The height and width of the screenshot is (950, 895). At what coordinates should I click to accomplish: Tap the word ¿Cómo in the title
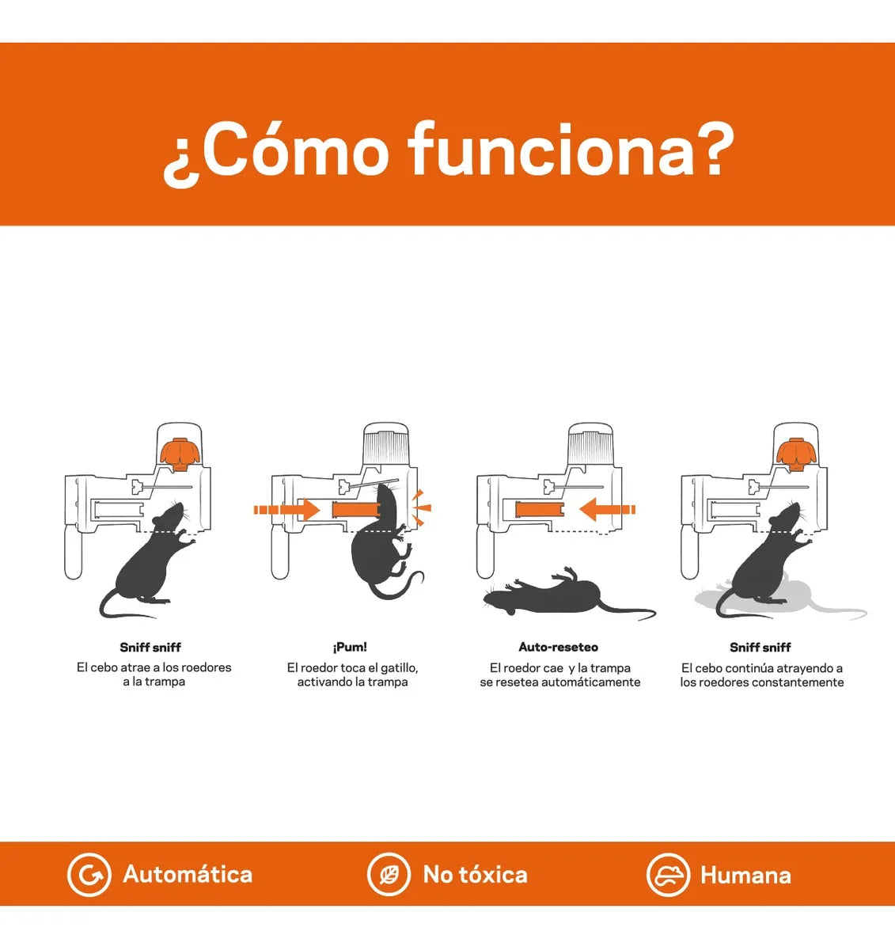276,154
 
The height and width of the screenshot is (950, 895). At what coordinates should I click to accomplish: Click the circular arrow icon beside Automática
89,875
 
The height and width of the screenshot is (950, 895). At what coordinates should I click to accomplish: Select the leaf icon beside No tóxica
389,875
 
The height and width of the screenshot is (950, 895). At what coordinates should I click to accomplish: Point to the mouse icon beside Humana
668,875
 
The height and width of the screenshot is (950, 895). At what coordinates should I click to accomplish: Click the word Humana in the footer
745,876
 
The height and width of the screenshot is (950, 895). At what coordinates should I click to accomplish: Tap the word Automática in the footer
188,875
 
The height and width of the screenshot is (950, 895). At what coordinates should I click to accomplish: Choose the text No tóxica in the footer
476,875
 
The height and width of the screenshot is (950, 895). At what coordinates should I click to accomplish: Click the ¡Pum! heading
350,648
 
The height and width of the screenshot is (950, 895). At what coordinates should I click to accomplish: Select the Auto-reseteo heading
558,648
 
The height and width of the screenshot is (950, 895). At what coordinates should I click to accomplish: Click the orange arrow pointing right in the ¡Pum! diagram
286,510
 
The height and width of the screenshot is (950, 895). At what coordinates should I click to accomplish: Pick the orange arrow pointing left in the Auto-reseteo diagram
608,510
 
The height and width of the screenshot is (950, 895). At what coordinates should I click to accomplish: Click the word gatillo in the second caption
399,668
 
